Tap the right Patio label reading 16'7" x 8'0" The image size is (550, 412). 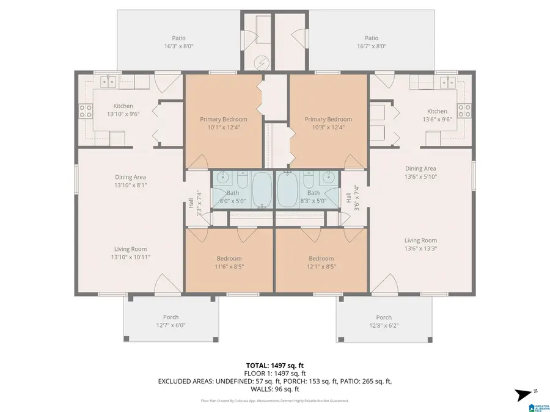point(372,42)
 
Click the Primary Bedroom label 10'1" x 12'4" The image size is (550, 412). point(224,123)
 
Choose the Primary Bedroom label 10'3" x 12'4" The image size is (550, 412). point(328,123)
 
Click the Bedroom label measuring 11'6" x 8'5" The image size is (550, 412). point(229,262)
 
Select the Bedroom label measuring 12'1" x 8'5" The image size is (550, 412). point(321,262)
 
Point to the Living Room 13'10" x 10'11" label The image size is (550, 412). point(130,253)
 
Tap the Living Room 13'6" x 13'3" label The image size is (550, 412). point(420,244)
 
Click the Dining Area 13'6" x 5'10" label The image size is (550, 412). point(420,172)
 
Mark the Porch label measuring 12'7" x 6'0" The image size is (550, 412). point(170,321)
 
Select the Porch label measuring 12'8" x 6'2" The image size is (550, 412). point(384,321)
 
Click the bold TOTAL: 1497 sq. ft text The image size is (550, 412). point(274,365)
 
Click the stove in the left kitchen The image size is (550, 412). point(84,111)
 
